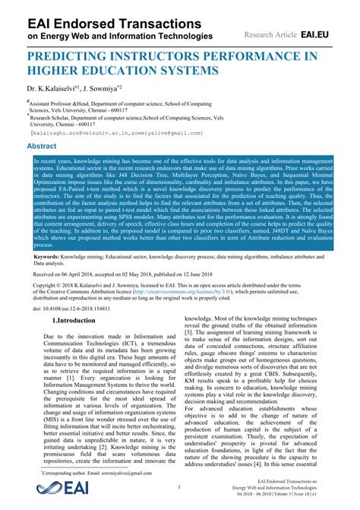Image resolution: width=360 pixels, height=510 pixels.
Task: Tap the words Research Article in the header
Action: click(x=270, y=35)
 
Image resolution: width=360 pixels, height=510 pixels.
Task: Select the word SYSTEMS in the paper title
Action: click(x=191, y=70)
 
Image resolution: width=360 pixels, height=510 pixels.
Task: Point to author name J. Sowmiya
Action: click(x=106, y=87)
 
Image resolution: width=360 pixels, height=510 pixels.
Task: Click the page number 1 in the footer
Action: click(x=180, y=486)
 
